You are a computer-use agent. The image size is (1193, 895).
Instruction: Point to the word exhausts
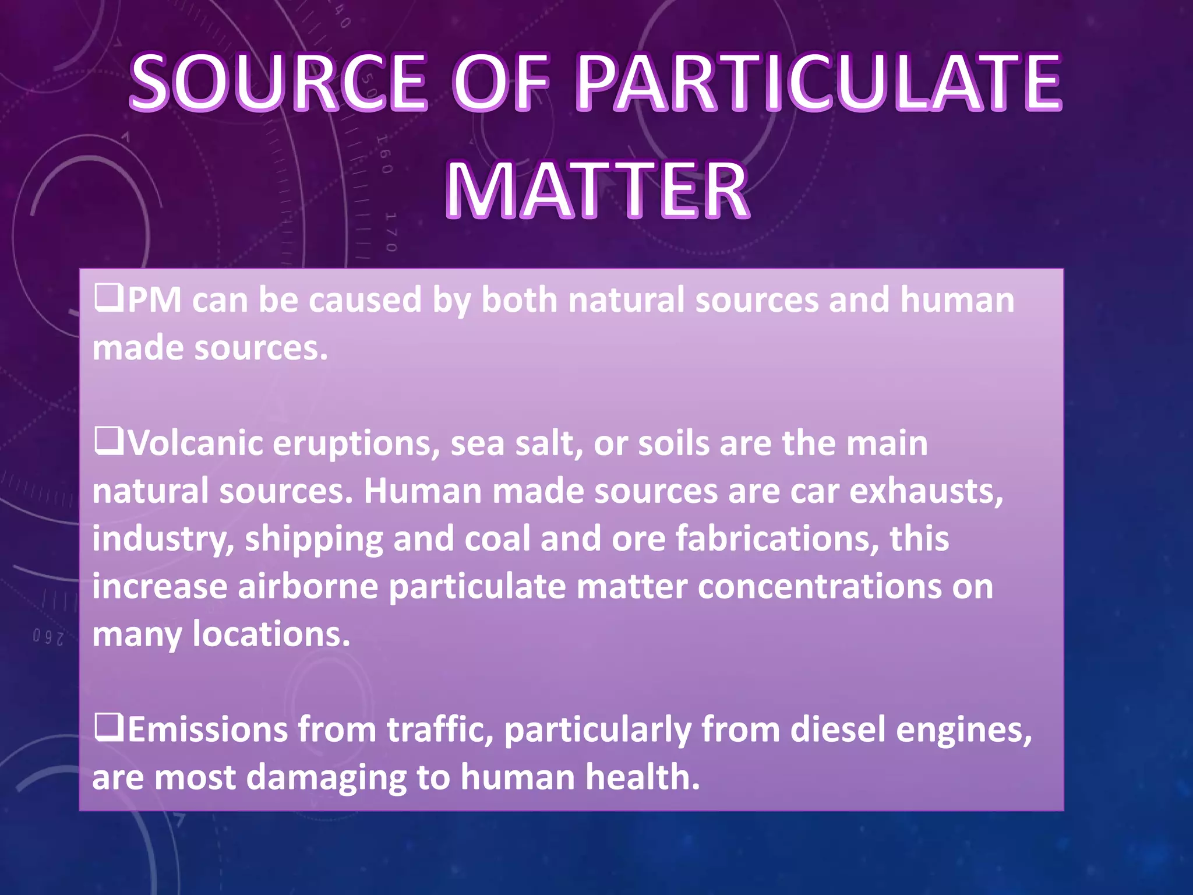pyautogui.click(x=926, y=491)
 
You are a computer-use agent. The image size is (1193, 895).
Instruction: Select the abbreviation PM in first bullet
pyautogui.click(x=154, y=299)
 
